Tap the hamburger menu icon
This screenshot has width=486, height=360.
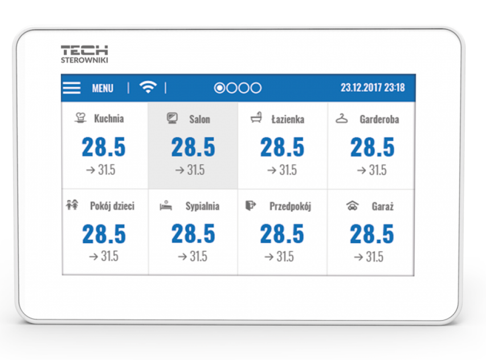coord(72,88)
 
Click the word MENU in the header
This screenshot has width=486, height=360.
coord(103,88)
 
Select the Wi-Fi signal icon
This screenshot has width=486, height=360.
coord(148,87)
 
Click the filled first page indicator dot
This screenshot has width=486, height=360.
coord(219,88)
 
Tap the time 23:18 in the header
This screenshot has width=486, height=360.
coord(394,88)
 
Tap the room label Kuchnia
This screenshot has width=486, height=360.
coord(109,118)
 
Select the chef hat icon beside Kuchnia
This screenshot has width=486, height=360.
coord(81,118)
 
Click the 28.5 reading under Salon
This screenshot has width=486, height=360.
coord(193,148)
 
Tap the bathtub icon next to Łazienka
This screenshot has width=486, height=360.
coord(256,118)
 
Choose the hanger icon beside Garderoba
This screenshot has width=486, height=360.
coord(342,118)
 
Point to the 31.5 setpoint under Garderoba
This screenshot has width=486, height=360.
coord(377,170)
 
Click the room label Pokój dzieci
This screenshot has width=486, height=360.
coord(112,206)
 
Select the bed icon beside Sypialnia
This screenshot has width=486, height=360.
coord(166,206)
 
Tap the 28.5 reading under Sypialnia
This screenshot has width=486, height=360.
coord(193,234)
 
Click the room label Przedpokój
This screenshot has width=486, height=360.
coord(290,206)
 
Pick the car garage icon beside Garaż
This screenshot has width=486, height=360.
coord(353,206)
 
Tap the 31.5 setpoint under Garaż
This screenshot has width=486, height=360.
coord(374,256)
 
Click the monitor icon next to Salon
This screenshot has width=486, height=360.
coord(172,118)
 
